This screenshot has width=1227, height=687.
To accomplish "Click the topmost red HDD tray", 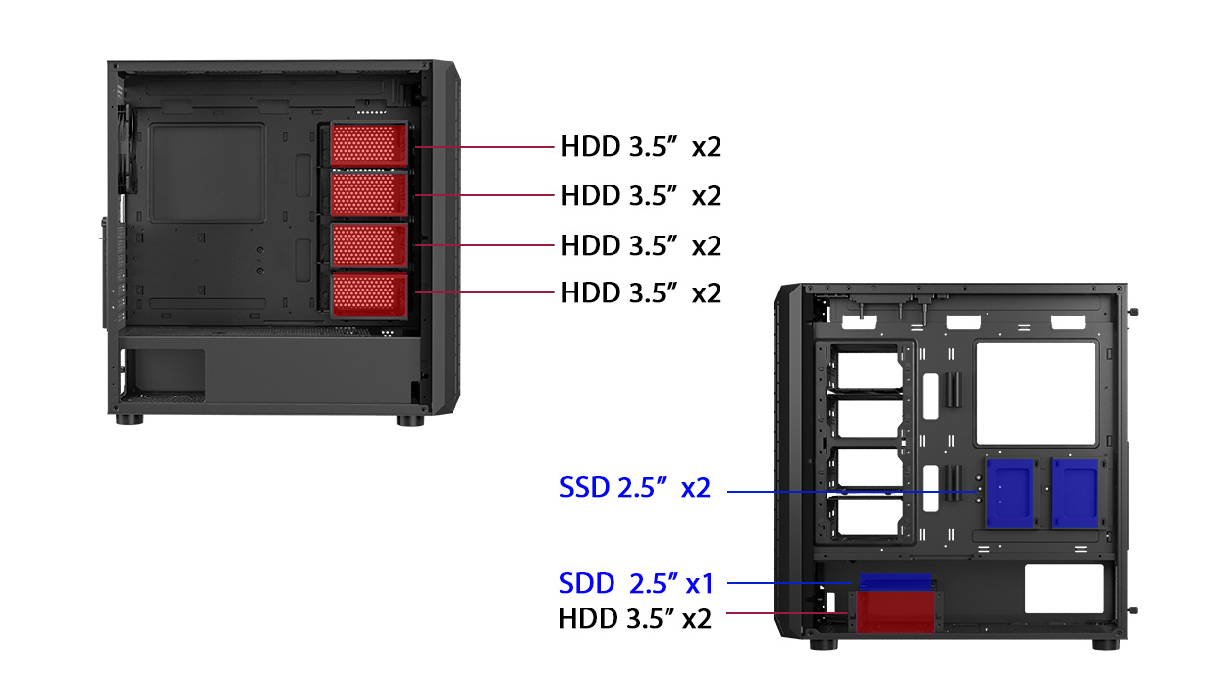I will click(368, 144).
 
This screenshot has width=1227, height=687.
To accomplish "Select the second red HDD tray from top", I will click(368, 193).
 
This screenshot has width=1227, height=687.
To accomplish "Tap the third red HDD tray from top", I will click(368, 244).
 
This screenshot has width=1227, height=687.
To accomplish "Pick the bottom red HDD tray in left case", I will click(368, 294).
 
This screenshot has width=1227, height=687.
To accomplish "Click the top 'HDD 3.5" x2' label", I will click(641, 147).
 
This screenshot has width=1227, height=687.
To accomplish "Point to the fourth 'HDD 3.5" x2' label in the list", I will click(641, 292).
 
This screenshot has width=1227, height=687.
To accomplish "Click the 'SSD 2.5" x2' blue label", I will click(634, 488).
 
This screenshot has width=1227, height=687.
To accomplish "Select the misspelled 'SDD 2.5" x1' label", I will click(635, 584).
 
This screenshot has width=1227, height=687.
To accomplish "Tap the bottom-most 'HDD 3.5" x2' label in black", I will click(634, 618).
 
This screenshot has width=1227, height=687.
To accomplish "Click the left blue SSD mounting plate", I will click(1008, 492).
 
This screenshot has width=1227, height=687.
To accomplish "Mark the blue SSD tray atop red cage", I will click(893, 582).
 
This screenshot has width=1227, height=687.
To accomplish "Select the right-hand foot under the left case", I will click(410, 420).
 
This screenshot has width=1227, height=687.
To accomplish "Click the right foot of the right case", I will click(1104, 644).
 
